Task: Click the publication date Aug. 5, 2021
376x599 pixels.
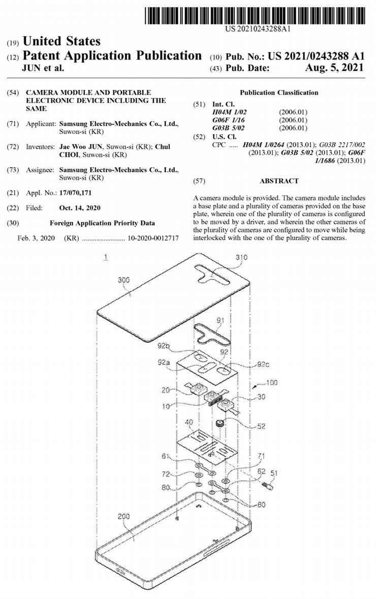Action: click(334, 68)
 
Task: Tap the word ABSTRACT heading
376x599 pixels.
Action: click(279, 181)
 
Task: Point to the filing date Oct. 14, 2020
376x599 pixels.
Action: click(80, 208)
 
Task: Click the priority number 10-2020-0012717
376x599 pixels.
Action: click(153, 238)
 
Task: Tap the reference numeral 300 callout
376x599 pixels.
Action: click(124, 280)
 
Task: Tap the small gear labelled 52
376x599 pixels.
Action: click(220, 423)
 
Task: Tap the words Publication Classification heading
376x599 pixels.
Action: click(279, 92)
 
